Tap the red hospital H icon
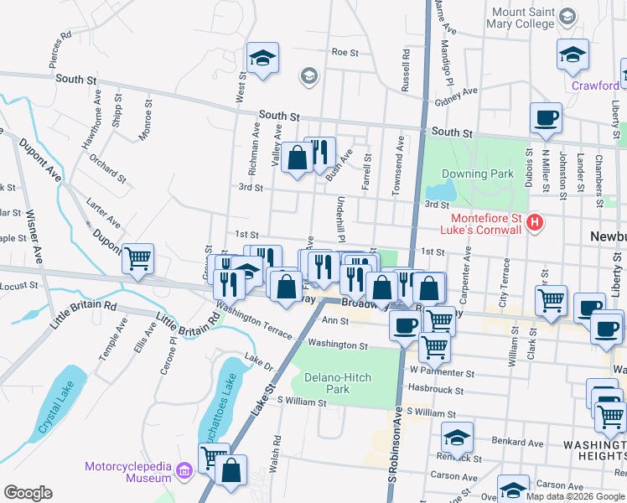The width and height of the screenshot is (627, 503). tap(536, 223)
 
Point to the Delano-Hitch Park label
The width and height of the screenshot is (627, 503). tap(338, 383)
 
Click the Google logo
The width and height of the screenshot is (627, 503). tap(28, 493)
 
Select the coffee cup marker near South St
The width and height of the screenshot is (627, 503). tap(546, 118)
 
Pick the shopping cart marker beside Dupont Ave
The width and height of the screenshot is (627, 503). tap(138, 258)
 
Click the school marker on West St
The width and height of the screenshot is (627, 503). tap(262, 58)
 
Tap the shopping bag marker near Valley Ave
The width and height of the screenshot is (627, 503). tap(297, 157)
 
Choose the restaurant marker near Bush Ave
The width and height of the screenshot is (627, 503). tap(319, 153)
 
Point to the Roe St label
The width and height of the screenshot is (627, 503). tap(345, 52)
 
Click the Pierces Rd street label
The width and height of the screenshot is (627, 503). tap(60, 49)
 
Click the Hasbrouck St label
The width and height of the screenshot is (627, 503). tap(436, 389)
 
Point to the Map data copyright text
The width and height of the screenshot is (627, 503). tap(574, 495)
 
